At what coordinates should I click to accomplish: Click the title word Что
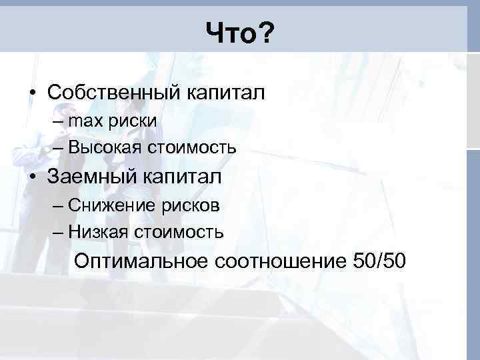pos(229,31)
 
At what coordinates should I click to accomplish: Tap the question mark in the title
pos(266,31)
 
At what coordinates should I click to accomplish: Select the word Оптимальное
pos(141,261)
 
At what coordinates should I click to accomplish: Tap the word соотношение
pos(278,261)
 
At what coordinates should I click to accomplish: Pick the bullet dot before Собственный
pos(32,93)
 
